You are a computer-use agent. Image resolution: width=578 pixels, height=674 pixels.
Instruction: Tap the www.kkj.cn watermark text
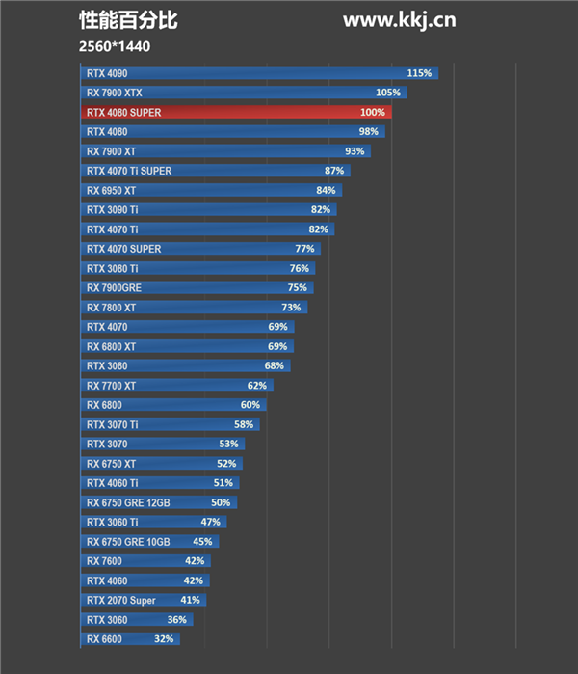tap(399, 20)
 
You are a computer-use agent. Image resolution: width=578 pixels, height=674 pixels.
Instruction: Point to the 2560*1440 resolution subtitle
tap(116, 46)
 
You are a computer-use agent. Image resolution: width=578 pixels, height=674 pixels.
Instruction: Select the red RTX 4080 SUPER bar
tap(236, 113)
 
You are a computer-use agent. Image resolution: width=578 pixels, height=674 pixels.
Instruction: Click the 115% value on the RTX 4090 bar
tap(419, 73)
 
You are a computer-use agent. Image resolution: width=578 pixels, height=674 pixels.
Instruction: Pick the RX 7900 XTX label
tap(114, 93)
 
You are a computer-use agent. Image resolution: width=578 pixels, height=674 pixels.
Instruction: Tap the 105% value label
tap(388, 93)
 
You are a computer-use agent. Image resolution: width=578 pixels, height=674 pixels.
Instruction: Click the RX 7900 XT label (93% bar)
tap(111, 151)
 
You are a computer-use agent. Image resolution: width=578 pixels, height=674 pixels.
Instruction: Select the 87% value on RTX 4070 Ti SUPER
tap(334, 171)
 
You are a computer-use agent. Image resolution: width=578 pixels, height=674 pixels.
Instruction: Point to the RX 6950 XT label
tap(111, 191)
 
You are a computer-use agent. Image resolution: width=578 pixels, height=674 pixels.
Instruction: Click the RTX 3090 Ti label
tap(113, 210)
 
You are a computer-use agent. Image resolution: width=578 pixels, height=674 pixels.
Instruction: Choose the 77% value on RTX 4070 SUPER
tap(304, 249)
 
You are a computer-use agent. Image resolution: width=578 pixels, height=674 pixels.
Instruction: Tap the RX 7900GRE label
tap(113, 288)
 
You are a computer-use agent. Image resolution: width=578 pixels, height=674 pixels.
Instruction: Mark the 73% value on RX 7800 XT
tap(291, 308)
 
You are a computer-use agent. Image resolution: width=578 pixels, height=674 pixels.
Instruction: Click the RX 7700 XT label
tap(111, 386)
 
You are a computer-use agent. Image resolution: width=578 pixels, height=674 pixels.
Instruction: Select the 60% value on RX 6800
tap(250, 405)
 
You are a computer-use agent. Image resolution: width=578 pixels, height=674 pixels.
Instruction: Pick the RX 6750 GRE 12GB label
tap(127, 503)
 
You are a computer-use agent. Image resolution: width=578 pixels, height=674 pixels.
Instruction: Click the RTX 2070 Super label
tap(120, 601)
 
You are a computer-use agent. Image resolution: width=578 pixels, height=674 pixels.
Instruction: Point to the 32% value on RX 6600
tap(164, 639)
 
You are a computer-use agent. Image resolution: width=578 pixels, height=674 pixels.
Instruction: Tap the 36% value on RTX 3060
tap(176, 620)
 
